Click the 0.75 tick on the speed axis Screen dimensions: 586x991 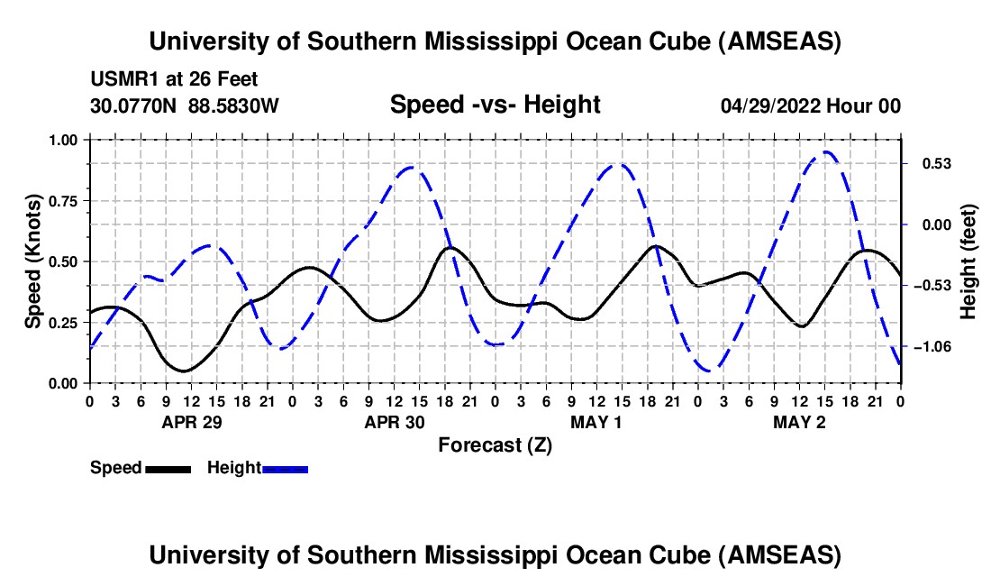61,200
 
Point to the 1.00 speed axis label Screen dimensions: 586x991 61,140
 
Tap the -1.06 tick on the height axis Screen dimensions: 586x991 930,347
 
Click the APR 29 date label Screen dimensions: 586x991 191,422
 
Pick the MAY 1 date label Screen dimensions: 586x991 596,422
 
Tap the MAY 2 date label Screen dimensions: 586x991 799,422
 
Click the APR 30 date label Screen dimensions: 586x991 394,422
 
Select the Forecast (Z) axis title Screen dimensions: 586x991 495,444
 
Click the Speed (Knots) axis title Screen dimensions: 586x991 33,261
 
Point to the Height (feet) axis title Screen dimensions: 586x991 968,261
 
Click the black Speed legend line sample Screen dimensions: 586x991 168,469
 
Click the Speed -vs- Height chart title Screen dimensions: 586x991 495,105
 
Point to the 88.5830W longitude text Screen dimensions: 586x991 234,106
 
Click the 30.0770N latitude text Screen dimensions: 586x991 135,106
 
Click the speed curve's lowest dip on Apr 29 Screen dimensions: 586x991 184,371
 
